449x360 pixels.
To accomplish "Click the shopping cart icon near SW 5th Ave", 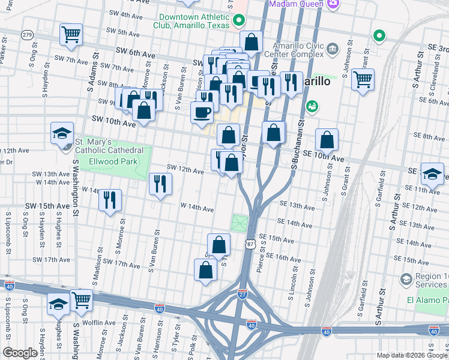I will tap(71, 34).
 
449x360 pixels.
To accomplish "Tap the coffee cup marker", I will tap(202, 112).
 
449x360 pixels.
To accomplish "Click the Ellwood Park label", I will tap(113, 161).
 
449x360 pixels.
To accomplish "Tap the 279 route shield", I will tap(26, 35).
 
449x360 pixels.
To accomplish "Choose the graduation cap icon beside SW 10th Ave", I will tap(62, 133).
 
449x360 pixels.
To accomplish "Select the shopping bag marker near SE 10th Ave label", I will tap(327, 140).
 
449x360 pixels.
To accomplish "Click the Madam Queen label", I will tap(294, 4).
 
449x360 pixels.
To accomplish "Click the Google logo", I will tap(20, 353).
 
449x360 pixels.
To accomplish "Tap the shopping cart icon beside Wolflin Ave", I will tap(81, 299).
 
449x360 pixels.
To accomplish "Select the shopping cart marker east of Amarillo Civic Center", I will tap(363, 79).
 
